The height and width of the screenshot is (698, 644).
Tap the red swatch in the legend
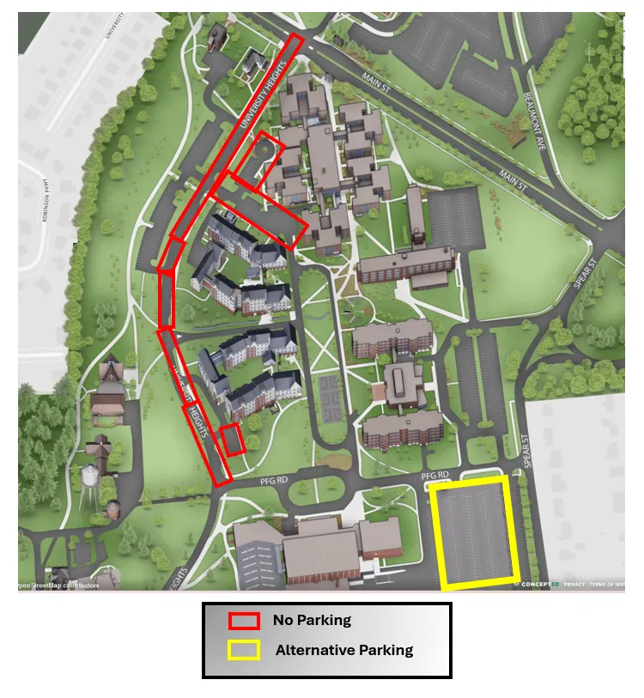tap(244, 621)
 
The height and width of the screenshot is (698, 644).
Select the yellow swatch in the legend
tap(244, 650)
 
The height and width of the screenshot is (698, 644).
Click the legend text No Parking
tap(312, 620)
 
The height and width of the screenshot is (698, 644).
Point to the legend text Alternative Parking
tap(343, 650)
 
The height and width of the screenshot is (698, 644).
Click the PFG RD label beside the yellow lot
tap(435, 475)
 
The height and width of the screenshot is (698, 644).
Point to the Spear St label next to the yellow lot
tap(526, 452)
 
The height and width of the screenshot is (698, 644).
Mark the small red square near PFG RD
tap(233, 439)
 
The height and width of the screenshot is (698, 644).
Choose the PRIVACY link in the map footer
tap(574, 584)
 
